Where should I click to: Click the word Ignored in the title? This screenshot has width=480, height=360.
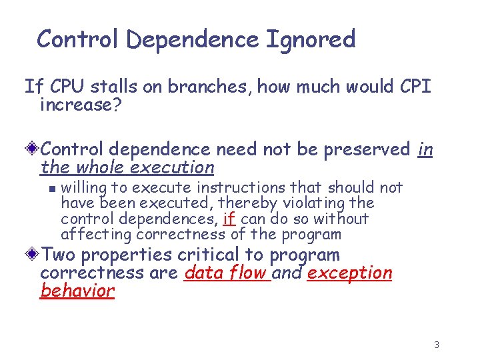(x=311, y=39)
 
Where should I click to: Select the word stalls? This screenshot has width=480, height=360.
(x=116, y=87)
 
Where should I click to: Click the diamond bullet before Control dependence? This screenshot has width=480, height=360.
(x=33, y=149)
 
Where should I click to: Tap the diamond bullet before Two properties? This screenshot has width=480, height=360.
(x=33, y=255)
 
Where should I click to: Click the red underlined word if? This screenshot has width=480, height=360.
(x=229, y=219)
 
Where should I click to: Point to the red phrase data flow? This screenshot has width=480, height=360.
(x=227, y=273)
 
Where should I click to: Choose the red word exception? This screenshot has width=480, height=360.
(x=349, y=273)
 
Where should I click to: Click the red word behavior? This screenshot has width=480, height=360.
(x=77, y=291)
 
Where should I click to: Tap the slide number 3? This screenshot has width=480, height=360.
(x=436, y=345)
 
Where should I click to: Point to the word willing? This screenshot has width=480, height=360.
(x=83, y=188)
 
